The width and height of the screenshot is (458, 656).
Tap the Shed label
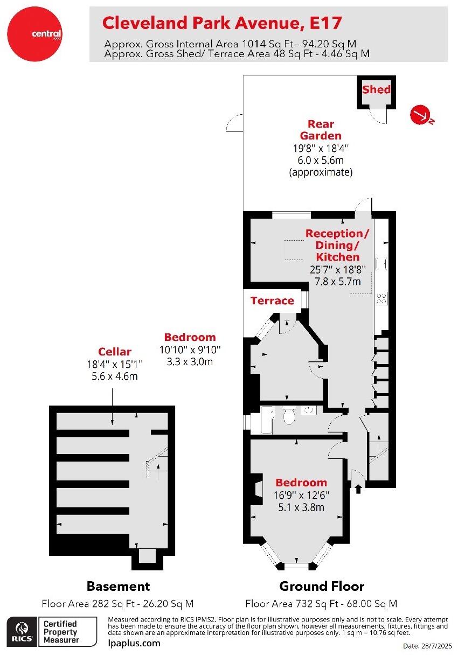coord(376,89)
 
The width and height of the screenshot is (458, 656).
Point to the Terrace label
coord(272,301)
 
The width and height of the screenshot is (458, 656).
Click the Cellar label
coord(114,352)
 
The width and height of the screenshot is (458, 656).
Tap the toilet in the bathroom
coord(289,416)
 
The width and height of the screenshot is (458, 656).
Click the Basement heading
coord(118,586)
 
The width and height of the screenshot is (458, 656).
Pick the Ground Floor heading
coord(322,586)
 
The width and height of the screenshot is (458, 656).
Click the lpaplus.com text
coord(134,643)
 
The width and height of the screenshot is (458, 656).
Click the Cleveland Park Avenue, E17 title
coord(221,23)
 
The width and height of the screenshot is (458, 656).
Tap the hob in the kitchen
coord(382,298)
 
